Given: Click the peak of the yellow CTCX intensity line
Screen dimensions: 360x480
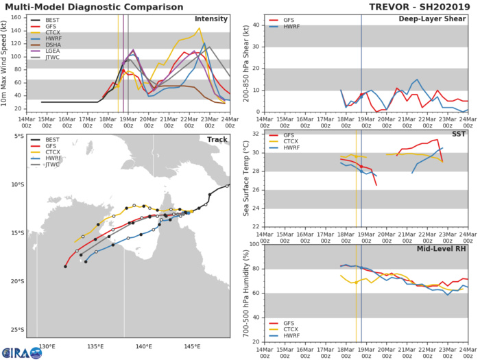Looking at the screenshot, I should pos(199,28).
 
